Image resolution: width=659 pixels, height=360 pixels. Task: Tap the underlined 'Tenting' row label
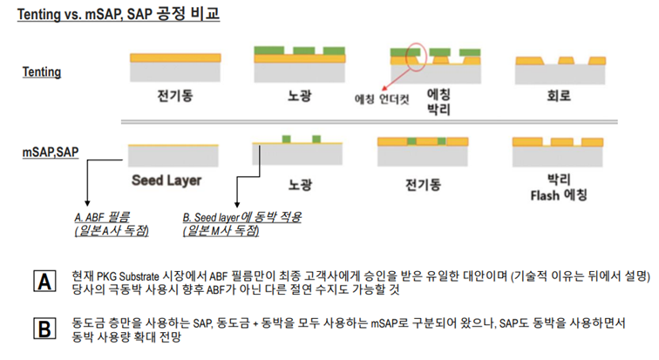42,71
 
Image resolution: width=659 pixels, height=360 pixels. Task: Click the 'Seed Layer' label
166,181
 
